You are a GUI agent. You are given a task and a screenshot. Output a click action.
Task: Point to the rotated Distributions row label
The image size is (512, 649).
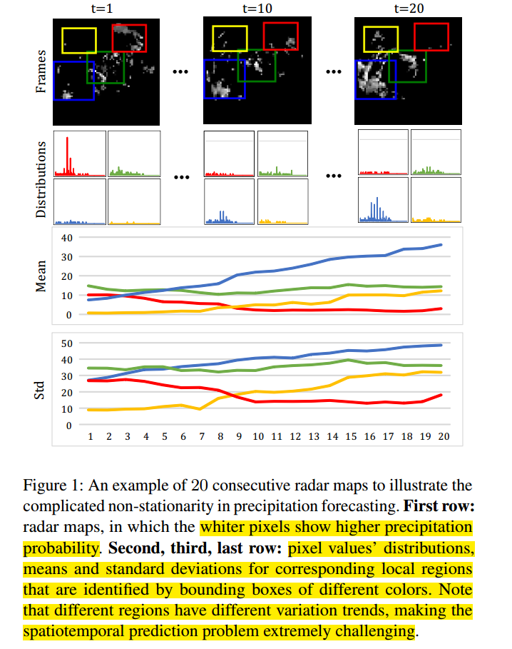41,178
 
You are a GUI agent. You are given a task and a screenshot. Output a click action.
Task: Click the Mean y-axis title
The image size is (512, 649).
41,275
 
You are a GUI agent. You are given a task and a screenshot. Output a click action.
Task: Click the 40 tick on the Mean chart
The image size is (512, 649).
68,238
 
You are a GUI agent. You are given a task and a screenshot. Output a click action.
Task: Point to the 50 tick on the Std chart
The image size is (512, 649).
68,343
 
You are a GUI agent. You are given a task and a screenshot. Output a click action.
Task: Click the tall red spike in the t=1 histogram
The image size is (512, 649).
68,154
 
